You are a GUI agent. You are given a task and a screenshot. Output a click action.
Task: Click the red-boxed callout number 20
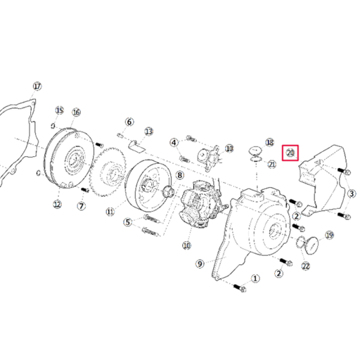pyautogui.click(x=290, y=153)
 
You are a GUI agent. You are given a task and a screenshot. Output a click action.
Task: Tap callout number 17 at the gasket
pyautogui.click(x=37, y=86)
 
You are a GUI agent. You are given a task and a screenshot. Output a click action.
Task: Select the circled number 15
pyautogui.click(x=60, y=110)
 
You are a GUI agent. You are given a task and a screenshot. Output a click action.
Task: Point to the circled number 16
pyautogui.click(x=76, y=112)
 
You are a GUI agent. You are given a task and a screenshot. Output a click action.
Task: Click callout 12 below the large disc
pyautogui.click(x=57, y=205)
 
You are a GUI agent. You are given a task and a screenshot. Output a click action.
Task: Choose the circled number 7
pyautogui.click(x=81, y=206)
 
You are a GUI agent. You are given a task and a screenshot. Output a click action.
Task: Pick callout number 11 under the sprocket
pyautogui.click(x=110, y=211)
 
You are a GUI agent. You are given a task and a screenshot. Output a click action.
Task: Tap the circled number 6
pyautogui.click(x=129, y=122)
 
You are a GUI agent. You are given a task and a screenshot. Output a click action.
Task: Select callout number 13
pyautogui.click(x=148, y=131)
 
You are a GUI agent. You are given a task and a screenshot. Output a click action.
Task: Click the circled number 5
pyautogui.click(x=127, y=222)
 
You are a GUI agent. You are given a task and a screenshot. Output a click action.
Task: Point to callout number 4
pyautogui.click(x=174, y=142)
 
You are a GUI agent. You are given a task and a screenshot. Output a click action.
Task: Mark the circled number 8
pyautogui.click(x=179, y=175)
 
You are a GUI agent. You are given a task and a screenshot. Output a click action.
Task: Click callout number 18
pyautogui.click(x=270, y=142)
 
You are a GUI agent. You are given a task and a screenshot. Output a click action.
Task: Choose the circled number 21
pyautogui.click(x=271, y=164)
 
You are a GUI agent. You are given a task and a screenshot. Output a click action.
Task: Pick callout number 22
pyautogui.click(x=305, y=266)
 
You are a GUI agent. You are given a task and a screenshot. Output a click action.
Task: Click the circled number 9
pyautogui.click(x=200, y=264)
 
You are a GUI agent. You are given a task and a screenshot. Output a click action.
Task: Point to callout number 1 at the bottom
pyautogui.click(x=255, y=278)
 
